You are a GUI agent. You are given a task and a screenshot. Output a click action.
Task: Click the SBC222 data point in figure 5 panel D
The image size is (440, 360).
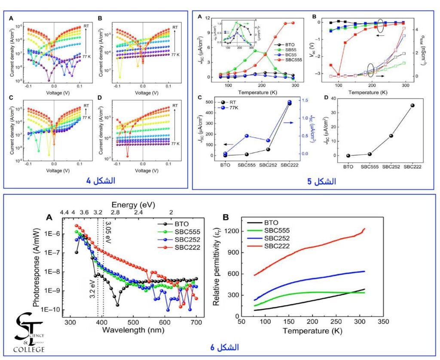(412, 105)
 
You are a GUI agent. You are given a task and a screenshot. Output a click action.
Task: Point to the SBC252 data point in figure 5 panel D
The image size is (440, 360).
(391, 136)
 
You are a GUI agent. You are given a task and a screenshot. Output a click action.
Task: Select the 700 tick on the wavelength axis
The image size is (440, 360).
(196, 322)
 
